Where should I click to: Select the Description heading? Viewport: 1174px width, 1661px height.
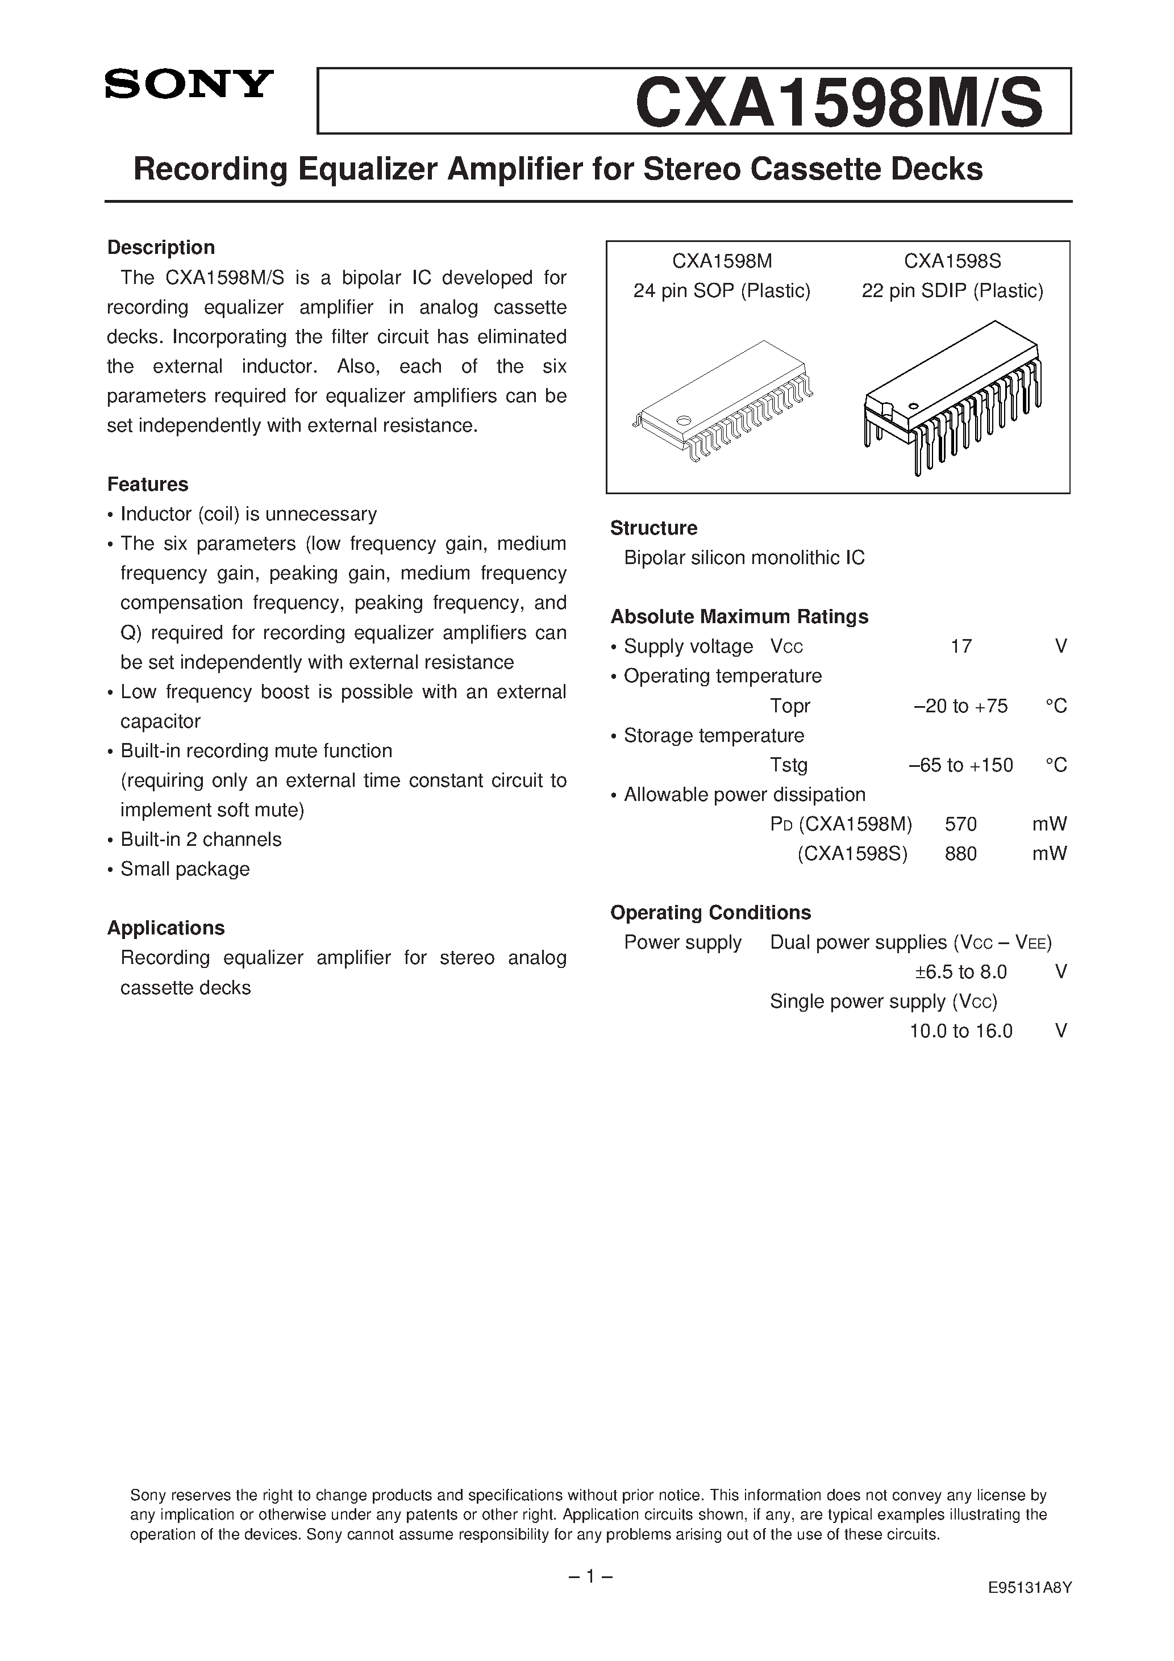[x=161, y=248]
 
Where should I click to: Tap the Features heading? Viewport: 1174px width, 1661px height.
[x=148, y=484]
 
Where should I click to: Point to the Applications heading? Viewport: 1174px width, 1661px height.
[x=166, y=928]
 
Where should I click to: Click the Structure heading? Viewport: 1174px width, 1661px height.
[x=653, y=528]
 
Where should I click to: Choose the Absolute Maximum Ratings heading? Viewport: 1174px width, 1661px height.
[x=739, y=616]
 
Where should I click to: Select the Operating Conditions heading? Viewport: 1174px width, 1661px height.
[x=710, y=912]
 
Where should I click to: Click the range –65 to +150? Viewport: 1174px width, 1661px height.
[x=960, y=765]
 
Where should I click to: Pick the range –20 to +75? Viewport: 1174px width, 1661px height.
[x=960, y=706]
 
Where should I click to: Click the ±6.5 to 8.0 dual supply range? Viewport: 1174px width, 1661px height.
[x=960, y=971]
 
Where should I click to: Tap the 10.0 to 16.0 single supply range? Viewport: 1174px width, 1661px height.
[x=960, y=1031]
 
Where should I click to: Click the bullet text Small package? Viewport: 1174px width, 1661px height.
[x=185, y=869]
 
